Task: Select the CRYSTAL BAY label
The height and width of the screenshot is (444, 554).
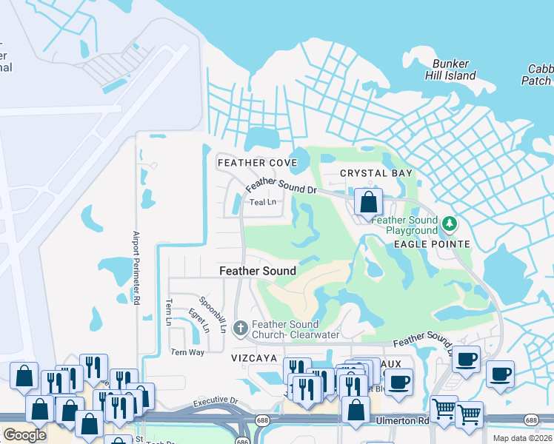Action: (376, 173)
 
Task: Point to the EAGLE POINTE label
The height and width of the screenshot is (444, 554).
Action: (432, 244)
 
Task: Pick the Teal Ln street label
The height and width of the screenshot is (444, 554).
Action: (262, 202)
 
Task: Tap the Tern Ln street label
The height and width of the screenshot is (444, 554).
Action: (169, 312)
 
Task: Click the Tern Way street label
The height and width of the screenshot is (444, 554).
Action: (187, 352)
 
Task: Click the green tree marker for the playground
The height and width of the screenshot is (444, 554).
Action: (448, 223)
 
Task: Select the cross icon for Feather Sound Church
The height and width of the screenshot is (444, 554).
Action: (240, 326)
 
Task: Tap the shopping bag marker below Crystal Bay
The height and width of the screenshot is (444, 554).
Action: (368, 201)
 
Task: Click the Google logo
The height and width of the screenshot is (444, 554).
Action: (24, 435)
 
